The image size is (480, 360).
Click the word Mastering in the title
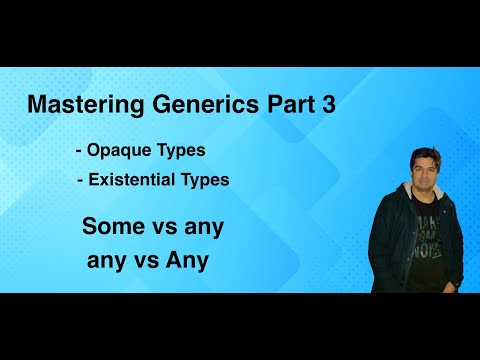coord(76,105)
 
